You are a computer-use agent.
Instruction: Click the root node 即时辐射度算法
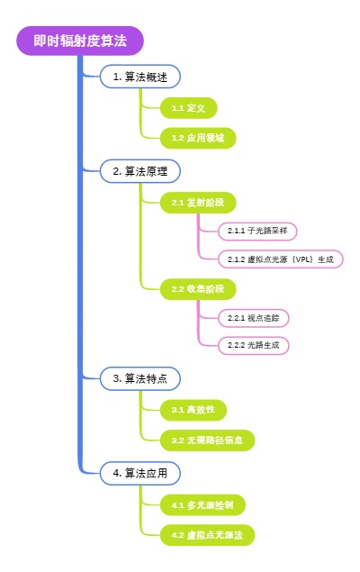(80, 41)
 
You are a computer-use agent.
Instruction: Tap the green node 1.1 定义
(188, 108)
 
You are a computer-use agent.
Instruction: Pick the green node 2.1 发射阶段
(198, 203)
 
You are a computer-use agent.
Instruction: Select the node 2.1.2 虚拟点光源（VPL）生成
(280, 259)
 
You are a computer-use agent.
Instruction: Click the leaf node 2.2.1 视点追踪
(253, 318)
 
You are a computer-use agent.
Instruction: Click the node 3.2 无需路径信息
(207, 440)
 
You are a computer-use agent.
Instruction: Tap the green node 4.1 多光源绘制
(202, 504)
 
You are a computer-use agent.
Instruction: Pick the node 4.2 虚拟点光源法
(207, 535)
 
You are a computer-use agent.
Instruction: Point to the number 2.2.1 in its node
(237, 318)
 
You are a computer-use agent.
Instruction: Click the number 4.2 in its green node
(177, 535)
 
